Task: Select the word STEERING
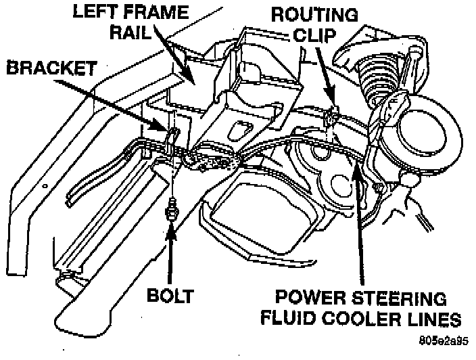tap(406, 298)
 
